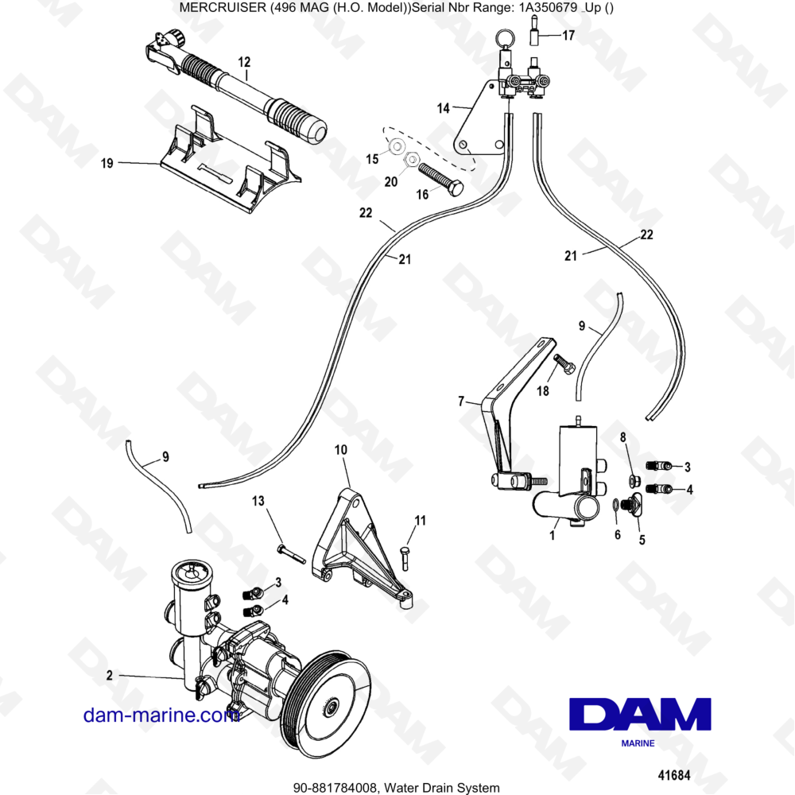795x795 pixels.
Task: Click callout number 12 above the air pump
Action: click(244, 61)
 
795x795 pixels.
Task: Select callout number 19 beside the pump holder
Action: click(107, 163)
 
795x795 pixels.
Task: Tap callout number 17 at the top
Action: click(568, 36)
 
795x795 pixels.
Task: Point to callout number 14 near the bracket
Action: click(443, 107)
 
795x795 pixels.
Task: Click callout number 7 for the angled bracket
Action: click(460, 403)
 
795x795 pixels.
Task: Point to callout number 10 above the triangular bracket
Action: click(341, 451)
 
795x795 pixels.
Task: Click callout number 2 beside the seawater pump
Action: click(109, 677)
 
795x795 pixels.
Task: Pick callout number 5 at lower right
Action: click(642, 540)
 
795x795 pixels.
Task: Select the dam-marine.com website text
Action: click(161, 715)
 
